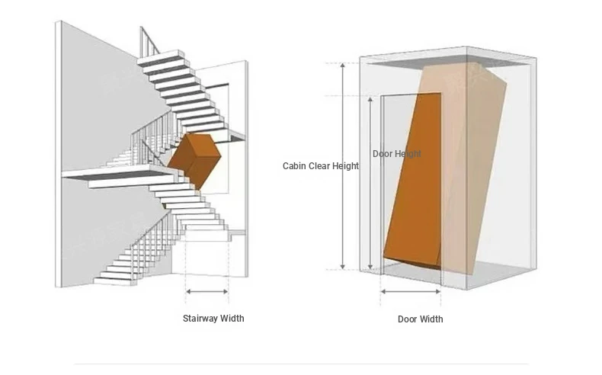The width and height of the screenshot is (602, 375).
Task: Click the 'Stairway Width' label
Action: tap(213, 318)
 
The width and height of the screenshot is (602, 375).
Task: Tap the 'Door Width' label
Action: tap(420, 319)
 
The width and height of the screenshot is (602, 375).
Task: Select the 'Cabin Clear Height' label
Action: tap(321, 166)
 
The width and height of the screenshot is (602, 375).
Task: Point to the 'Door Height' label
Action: tap(396, 154)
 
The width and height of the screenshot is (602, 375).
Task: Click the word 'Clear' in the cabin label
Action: tap(319, 166)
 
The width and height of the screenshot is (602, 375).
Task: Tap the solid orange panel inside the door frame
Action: tap(413, 180)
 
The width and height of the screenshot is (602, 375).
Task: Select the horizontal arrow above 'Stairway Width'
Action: tap(207, 292)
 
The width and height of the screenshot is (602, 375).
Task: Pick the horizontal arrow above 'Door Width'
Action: tap(411, 292)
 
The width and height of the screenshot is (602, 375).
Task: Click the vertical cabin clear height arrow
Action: tap(343, 166)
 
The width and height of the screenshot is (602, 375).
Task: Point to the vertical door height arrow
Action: tap(370, 183)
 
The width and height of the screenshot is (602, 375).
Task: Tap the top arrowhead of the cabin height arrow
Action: tap(343, 66)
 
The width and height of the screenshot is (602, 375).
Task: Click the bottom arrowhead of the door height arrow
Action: tap(370, 267)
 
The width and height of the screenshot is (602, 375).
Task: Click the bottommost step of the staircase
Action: tap(115, 282)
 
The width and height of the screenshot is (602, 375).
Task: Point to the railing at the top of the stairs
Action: tap(149, 41)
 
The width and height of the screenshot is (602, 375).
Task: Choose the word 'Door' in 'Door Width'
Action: tap(407, 319)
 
